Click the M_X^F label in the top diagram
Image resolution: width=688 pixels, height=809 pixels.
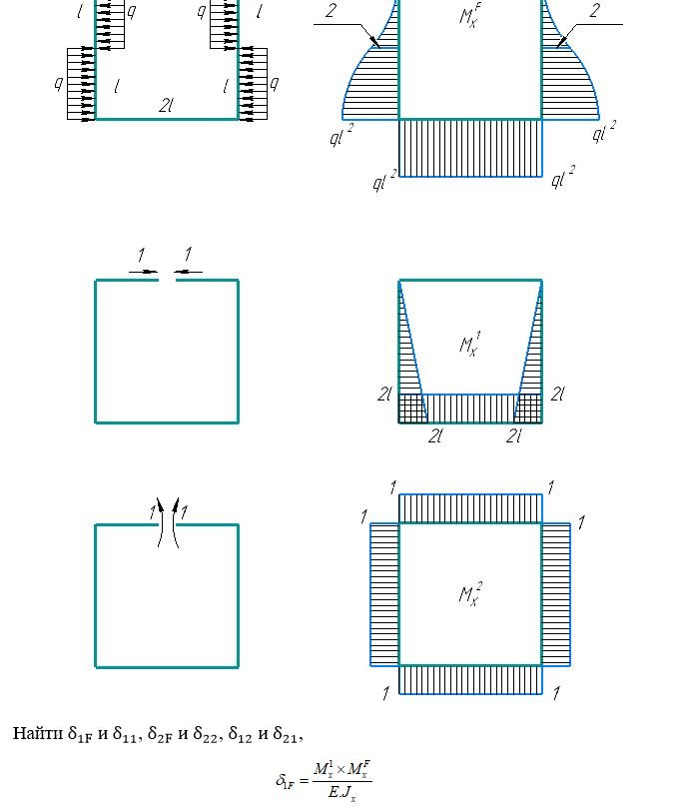470,15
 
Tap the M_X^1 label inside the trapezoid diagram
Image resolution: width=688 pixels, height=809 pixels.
470,345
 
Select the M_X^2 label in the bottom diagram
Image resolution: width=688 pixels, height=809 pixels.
470,594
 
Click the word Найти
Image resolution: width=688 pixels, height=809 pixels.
38,733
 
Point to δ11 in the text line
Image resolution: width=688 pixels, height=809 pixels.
124,734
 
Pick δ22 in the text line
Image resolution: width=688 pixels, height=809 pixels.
206,734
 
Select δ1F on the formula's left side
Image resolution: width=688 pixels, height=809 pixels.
286,781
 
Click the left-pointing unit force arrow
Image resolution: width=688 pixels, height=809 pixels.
189,272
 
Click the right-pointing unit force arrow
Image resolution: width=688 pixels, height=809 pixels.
144,272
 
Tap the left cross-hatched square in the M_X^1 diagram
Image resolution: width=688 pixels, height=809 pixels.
413,408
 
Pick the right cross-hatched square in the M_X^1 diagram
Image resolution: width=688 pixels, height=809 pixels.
528,408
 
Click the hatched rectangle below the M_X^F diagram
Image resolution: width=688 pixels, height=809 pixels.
471,148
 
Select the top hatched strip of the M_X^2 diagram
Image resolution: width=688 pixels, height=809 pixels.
471,508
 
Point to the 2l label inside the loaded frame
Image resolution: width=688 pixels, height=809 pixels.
166,106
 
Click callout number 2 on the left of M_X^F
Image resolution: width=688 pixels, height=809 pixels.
332,10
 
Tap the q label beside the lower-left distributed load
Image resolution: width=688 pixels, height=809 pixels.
59,83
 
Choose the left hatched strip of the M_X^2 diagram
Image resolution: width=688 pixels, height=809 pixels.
384,594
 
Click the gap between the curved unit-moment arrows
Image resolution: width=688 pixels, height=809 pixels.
168,522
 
